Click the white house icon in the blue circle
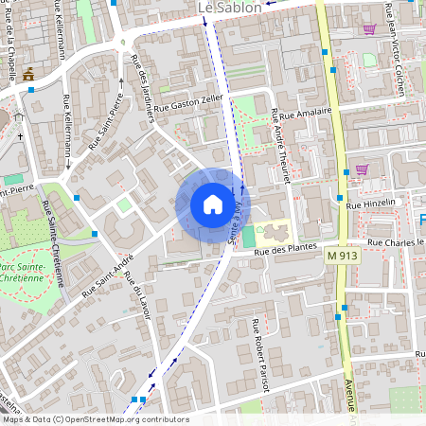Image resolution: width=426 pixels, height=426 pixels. tap(212, 204)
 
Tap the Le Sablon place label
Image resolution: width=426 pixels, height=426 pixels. tap(230, 8)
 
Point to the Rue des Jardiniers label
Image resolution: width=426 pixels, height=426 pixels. tap(143, 90)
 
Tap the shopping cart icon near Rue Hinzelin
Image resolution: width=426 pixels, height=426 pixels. tap(361, 170)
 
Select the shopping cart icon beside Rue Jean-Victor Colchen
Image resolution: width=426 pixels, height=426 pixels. tap(368, 28)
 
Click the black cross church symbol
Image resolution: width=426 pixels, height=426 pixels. tap(19, 136)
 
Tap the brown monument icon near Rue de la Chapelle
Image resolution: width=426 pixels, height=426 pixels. tap(27, 74)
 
